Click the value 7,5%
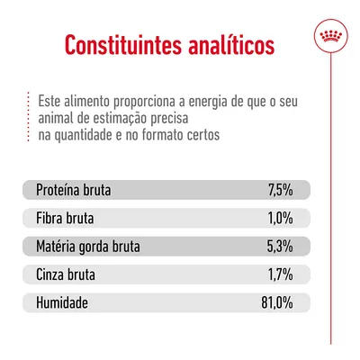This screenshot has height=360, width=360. point(280,191)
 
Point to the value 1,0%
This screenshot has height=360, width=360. point(280,219)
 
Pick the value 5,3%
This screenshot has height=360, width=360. point(280,246)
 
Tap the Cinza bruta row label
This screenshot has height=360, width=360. point(67,274)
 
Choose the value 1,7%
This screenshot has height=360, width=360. point(280,274)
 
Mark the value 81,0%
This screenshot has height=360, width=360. point(276,301)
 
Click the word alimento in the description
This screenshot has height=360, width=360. point(86,98)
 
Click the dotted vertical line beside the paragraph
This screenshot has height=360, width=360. point(27,116)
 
